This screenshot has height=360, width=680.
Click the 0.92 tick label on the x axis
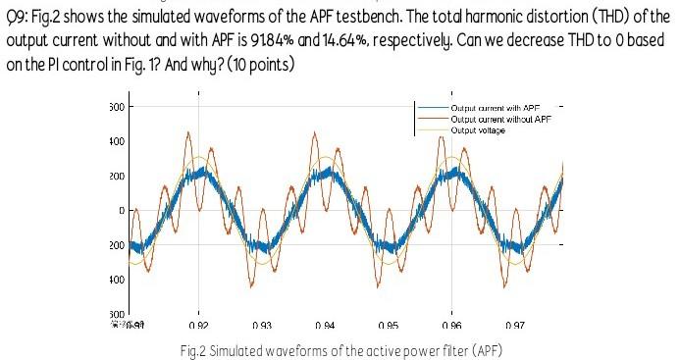(199, 324)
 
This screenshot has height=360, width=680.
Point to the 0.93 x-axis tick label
(262, 324)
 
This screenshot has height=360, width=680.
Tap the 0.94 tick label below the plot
(325, 324)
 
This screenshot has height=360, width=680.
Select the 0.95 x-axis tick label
(388, 324)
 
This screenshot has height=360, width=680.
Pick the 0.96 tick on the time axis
(451, 324)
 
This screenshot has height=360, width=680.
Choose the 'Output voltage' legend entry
(478, 129)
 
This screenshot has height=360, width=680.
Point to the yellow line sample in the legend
(430, 129)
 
